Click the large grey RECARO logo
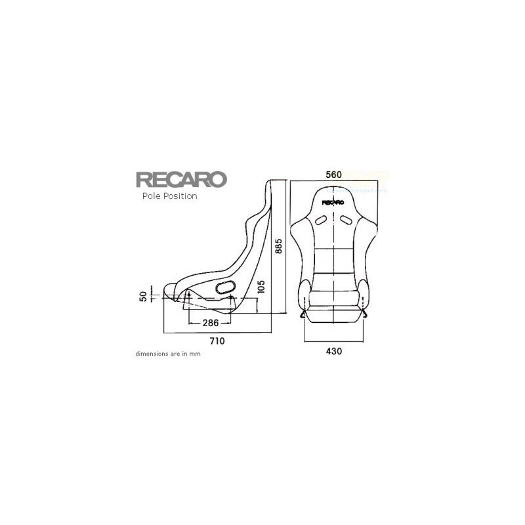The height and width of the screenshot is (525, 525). tap(181, 180)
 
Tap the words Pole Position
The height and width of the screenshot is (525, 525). tap(169, 196)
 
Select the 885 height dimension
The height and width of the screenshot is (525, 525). tap(279, 246)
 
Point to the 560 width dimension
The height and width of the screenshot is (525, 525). tap(334, 175)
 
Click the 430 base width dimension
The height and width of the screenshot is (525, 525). tap(334, 351)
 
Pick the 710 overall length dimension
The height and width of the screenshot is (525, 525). tap(217, 341)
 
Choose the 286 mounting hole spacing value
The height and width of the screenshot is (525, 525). tap(210, 323)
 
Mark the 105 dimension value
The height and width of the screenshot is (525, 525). tap(261, 287)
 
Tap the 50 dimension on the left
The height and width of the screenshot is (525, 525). tap(144, 297)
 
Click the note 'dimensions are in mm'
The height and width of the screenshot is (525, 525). tap(167, 354)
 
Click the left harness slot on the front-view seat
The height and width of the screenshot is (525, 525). tap(320, 220)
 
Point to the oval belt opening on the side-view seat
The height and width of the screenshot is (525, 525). tap(224, 287)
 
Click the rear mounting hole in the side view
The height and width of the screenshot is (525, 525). tap(231, 299)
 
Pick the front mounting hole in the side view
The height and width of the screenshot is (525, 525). tap(189, 299)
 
